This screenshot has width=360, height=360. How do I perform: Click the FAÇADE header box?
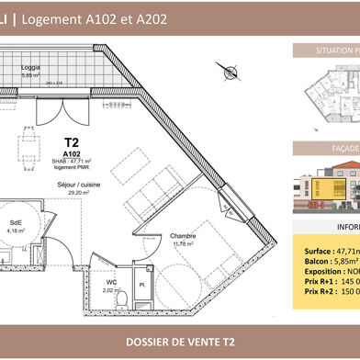[326, 147]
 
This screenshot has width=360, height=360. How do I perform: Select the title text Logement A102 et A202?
[102, 18]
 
